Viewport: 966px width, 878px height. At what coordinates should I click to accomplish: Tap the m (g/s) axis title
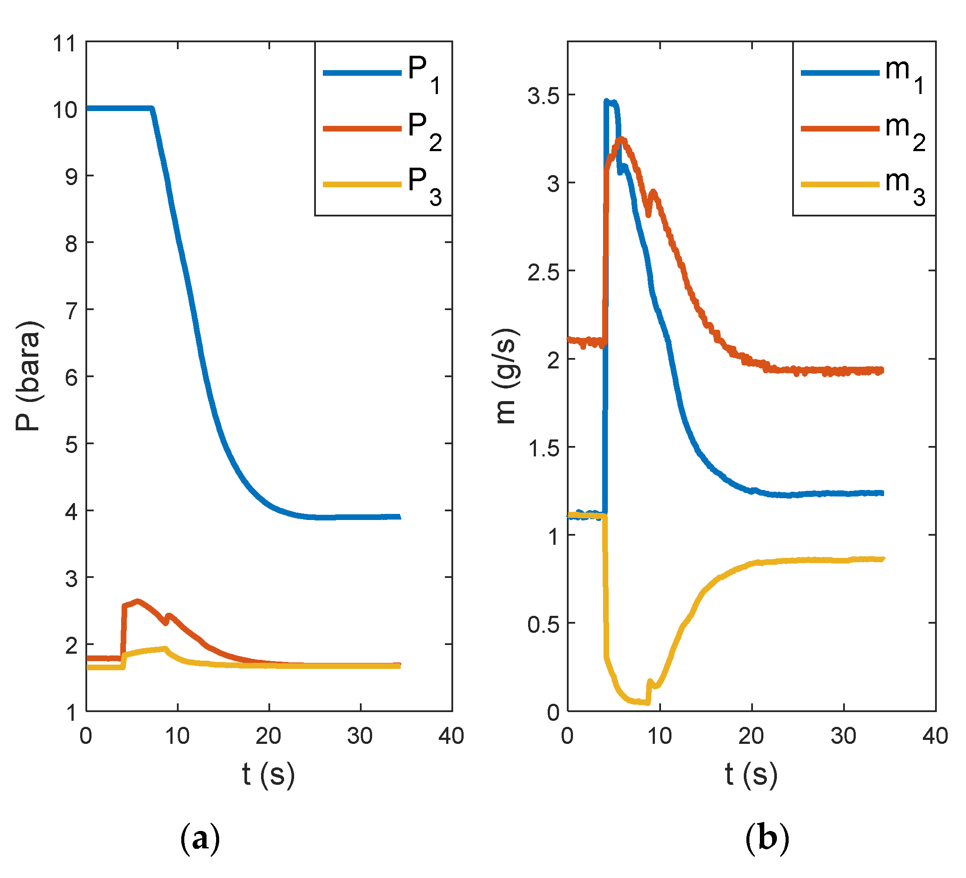click(506, 376)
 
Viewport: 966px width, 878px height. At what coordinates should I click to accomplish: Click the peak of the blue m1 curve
click(607, 101)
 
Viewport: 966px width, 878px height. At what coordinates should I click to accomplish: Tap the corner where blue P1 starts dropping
click(152, 109)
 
